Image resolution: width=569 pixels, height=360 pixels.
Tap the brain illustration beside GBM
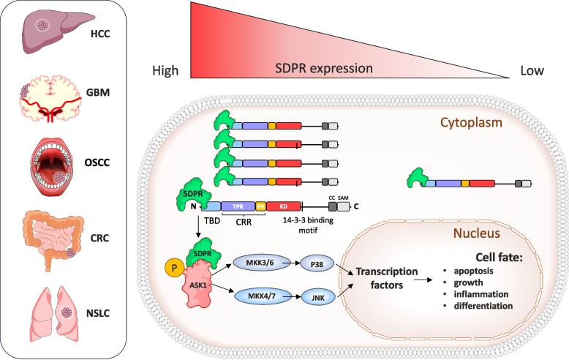tap(50, 98)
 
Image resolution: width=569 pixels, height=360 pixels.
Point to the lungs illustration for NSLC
tap(54, 314)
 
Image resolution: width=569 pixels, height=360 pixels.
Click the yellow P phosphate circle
tap(174, 268)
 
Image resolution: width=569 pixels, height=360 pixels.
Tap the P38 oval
tap(317, 264)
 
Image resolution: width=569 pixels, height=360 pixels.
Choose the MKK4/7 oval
tap(262, 296)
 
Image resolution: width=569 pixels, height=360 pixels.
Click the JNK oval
tap(318, 298)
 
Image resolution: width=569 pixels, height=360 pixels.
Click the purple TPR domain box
tap(238, 206)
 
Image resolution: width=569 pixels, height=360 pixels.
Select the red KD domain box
tap(284, 206)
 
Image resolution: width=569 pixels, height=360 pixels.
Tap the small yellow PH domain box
tap(261, 206)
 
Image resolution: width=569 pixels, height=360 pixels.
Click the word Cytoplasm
tap(472, 123)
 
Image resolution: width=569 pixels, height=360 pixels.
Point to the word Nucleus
tap(476, 233)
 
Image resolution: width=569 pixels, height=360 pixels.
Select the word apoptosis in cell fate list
tap(474, 271)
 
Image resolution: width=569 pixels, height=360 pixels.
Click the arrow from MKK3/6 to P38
tap(291, 263)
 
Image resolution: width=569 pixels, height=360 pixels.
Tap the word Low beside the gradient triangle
tap(532, 70)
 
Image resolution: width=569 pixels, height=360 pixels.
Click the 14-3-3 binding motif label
tap(308, 225)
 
